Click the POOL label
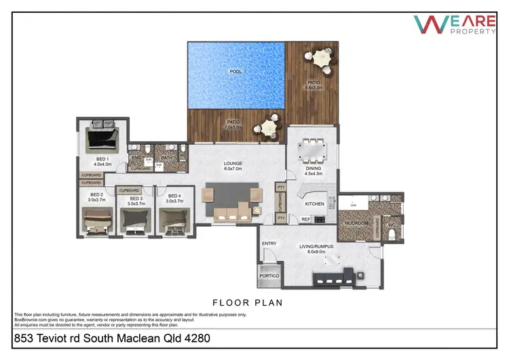tap(236, 71)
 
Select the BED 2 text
tap(96, 195)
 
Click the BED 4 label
tap(175, 196)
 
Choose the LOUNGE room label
tap(233, 164)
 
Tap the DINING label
tap(313, 168)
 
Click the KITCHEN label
tap(314, 204)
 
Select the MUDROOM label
tap(357, 222)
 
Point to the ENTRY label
tap(269, 243)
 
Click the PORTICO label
tap(269, 276)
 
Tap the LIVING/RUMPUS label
tap(317, 247)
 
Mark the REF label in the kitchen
tap(305, 219)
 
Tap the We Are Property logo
tap(454, 25)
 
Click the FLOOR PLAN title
tap(248, 302)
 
